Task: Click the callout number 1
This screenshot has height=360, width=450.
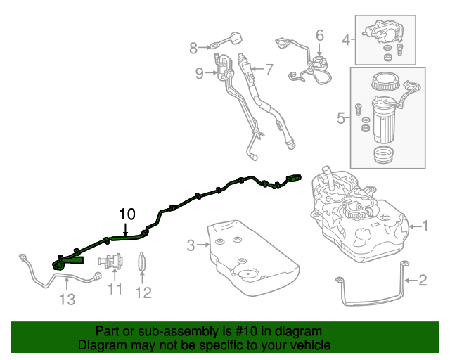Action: point(427,226)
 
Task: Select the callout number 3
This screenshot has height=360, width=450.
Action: point(191,245)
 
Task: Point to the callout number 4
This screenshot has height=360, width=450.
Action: point(346,40)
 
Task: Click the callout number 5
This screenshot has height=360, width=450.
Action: point(341,117)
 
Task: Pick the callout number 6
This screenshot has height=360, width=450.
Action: point(319,34)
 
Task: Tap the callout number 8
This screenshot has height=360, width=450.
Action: point(194,48)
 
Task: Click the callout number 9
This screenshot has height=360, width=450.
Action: point(199,72)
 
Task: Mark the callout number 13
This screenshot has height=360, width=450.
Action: point(66,300)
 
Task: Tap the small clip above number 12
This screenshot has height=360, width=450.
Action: point(142,262)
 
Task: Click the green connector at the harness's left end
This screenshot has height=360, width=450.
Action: point(59,264)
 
